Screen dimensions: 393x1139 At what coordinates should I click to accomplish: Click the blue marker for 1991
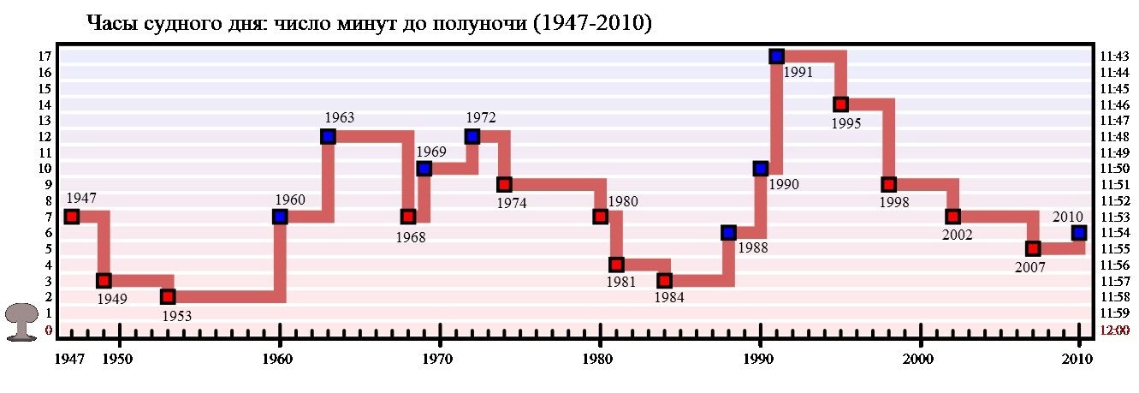pos(776,57)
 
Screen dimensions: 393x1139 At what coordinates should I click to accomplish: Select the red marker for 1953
pos(168,297)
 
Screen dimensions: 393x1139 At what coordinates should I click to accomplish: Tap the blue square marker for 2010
pos(1079,233)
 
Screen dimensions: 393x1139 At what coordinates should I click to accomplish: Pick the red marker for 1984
pos(664,281)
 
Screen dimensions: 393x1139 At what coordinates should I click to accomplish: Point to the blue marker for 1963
pos(328,137)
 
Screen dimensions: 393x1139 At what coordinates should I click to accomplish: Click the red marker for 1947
pos(72,217)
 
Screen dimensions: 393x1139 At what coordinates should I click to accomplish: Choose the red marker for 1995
pos(840,104)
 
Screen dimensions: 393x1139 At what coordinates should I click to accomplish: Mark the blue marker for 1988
pos(728,233)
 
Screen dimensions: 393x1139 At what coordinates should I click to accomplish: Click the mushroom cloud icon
pos(21,323)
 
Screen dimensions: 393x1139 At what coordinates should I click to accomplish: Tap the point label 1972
pos(481,117)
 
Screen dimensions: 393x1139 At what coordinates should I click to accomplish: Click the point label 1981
pos(620,283)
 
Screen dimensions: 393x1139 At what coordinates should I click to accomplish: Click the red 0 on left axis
pos(48,330)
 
